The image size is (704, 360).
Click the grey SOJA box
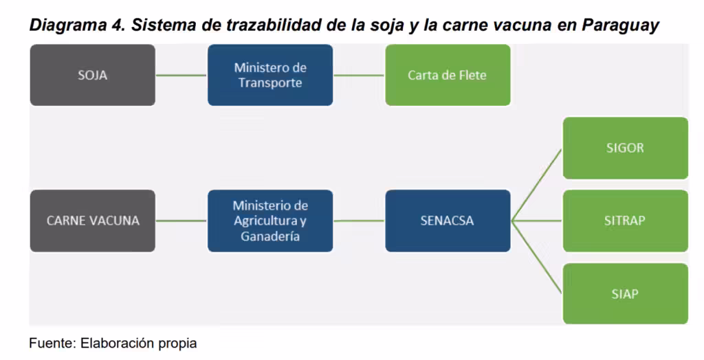93,75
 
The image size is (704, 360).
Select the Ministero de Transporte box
270,75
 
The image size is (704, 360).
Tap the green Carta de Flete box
448,75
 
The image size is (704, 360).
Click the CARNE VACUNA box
93,221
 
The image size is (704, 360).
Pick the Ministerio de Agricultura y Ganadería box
270,221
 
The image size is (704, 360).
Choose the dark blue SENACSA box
448,221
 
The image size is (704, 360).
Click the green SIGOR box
626,148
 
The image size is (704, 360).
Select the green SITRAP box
626,221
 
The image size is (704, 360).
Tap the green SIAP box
626,293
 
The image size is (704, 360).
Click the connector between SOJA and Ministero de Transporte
181,75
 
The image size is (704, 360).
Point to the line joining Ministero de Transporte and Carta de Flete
359,75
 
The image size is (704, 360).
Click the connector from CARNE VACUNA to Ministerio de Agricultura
181,221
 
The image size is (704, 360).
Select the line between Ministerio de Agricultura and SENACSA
359,221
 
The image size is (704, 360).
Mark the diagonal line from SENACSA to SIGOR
537,185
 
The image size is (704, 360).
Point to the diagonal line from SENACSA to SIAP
537,257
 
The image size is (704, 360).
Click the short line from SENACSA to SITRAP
537,221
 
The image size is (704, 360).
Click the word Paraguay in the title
621,25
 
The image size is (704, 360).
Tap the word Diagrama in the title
68,25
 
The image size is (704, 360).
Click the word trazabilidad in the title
274,25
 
